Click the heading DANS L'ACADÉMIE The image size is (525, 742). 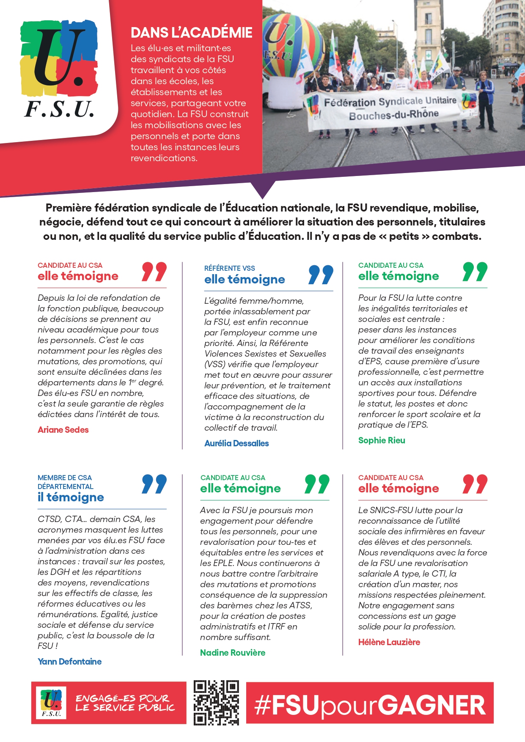191,33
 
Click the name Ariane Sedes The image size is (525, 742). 63,430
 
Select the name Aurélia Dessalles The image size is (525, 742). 236,443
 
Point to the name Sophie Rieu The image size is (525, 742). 382,440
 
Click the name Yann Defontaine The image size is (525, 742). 69,662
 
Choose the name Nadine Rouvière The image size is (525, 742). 233,653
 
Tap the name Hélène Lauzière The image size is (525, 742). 389,642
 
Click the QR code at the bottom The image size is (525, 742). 216,703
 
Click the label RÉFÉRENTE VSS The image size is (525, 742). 230,268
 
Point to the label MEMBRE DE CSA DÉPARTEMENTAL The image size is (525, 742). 66,482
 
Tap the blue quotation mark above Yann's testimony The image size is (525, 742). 154,484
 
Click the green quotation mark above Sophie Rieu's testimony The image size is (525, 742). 475,272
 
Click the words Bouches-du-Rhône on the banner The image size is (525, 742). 393,115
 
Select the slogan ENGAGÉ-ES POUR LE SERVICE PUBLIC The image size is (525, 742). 125,703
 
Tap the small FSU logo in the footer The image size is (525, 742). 51,703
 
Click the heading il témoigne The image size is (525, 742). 71,497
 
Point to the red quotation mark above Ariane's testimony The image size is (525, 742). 154,272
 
